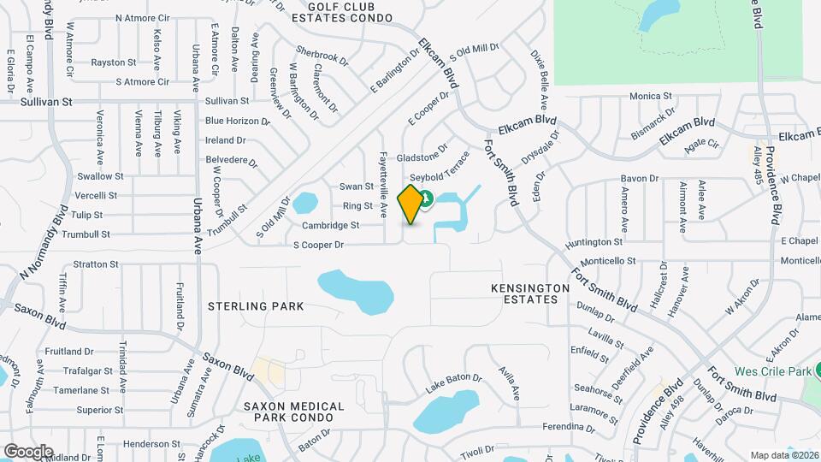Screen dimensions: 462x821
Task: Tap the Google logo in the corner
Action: pos(28,451)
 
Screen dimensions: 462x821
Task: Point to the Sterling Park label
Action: pos(256,305)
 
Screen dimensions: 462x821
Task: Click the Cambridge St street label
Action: pos(330,226)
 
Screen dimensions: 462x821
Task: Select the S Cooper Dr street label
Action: pos(318,245)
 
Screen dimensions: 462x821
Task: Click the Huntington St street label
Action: pos(594,243)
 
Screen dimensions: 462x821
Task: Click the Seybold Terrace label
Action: pos(447,165)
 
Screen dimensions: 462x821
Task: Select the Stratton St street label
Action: pos(95,264)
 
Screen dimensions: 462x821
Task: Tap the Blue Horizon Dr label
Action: pos(237,121)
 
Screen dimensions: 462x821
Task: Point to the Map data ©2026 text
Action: pos(784,455)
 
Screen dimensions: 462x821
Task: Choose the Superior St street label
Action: pos(100,410)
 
